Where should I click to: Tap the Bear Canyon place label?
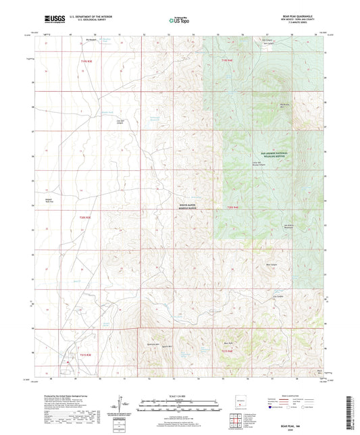(272, 264)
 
